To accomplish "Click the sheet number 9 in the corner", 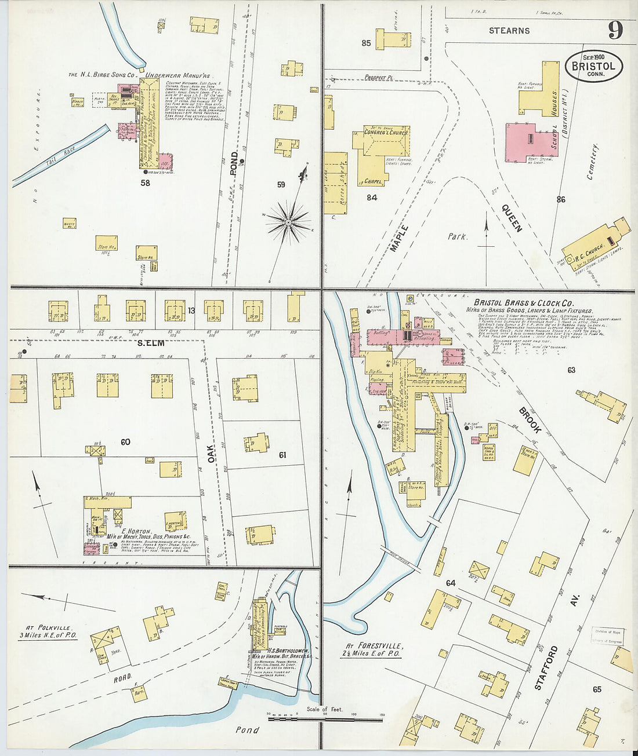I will pyautogui.click(x=615, y=29).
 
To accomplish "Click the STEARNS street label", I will pyautogui.click(x=509, y=31).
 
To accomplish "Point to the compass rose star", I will pyautogui.click(x=288, y=222).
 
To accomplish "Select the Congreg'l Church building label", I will pyautogui.click(x=386, y=132).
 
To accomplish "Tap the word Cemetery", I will pyautogui.click(x=593, y=162).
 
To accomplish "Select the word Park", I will pyautogui.click(x=458, y=236).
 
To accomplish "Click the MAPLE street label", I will pyautogui.click(x=399, y=238).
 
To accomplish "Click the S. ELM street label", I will pyautogui.click(x=151, y=343).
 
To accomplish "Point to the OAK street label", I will pyautogui.click(x=212, y=452).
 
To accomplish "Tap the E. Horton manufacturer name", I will pyautogui.click(x=137, y=531).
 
